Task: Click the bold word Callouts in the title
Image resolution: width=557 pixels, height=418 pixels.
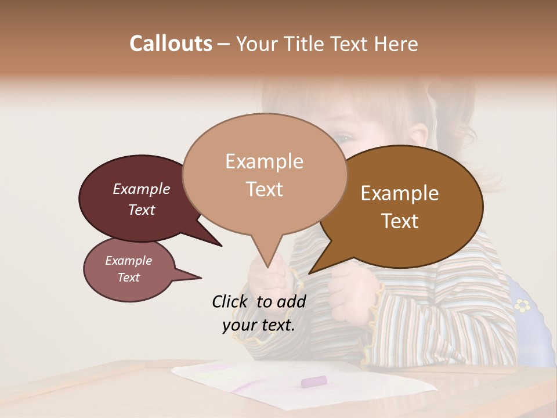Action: point(171,44)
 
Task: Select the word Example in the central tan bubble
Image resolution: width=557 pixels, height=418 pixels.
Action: point(264,161)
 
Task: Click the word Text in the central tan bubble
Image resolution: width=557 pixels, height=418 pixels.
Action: point(264,189)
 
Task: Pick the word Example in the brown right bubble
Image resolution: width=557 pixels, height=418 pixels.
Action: point(400,193)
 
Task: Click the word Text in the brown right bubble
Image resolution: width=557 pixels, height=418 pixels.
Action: point(400,221)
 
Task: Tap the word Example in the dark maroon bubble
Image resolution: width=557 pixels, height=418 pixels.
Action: point(141,189)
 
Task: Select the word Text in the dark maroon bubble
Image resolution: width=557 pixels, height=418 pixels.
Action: point(141,210)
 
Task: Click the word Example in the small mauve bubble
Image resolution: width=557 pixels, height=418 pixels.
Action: point(128,261)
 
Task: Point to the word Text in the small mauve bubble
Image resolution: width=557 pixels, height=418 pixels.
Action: point(128,278)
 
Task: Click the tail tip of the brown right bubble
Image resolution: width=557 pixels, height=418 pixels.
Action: point(310,272)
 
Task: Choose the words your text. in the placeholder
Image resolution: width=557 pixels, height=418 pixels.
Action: point(258,325)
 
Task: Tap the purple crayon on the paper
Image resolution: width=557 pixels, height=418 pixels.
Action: point(314,381)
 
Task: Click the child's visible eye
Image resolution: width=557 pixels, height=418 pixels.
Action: point(343,138)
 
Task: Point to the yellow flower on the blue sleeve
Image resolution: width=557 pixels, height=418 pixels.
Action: point(523,305)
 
